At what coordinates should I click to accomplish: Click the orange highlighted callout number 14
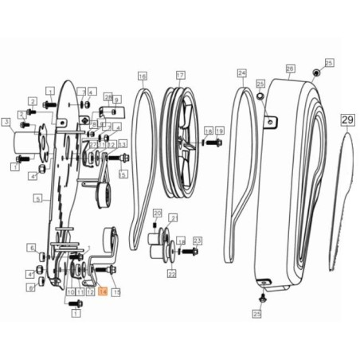[102, 293]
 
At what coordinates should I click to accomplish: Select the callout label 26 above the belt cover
[290, 69]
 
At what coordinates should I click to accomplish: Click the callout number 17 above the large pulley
[180, 76]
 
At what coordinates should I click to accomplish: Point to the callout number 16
[142, 76]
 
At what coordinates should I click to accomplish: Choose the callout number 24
[241, 72]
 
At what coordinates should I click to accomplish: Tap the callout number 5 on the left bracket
[37, 198]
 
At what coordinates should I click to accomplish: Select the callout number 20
[156, 213]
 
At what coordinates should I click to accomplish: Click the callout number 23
[198, 240]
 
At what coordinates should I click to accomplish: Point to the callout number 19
[219, 130]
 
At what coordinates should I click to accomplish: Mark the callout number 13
[123, 143]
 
